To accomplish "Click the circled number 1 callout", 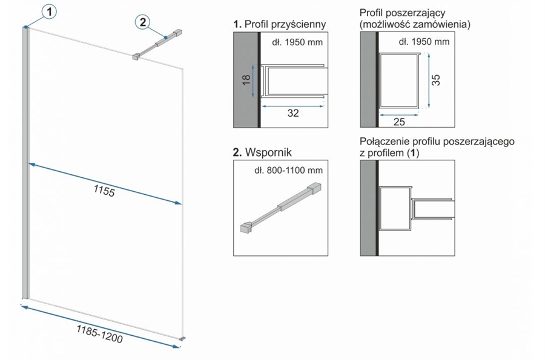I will [x=50, y=11].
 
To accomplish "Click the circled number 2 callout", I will [x=142, y=22].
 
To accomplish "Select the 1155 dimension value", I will [x=104, y=189].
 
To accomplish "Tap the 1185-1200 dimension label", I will [x=99, y=334].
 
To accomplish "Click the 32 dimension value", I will [x=294, y=113].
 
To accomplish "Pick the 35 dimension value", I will [x=437, y=80].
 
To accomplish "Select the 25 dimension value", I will [x=399, y=122].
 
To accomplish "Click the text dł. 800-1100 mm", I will [x=288, y=170].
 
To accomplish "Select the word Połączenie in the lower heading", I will [x=383, y=142].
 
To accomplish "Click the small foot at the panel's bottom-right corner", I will [x=183, y=337].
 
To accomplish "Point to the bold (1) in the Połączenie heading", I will [x=414, y=153].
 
